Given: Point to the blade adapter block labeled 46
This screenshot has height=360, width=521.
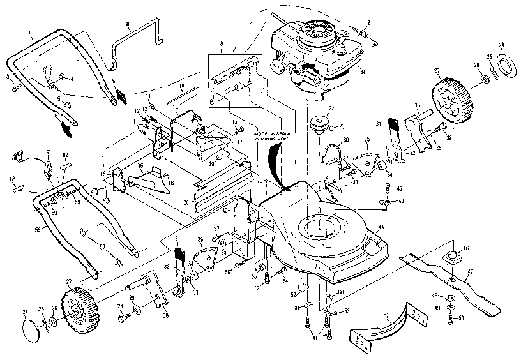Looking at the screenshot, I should (452, 257).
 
